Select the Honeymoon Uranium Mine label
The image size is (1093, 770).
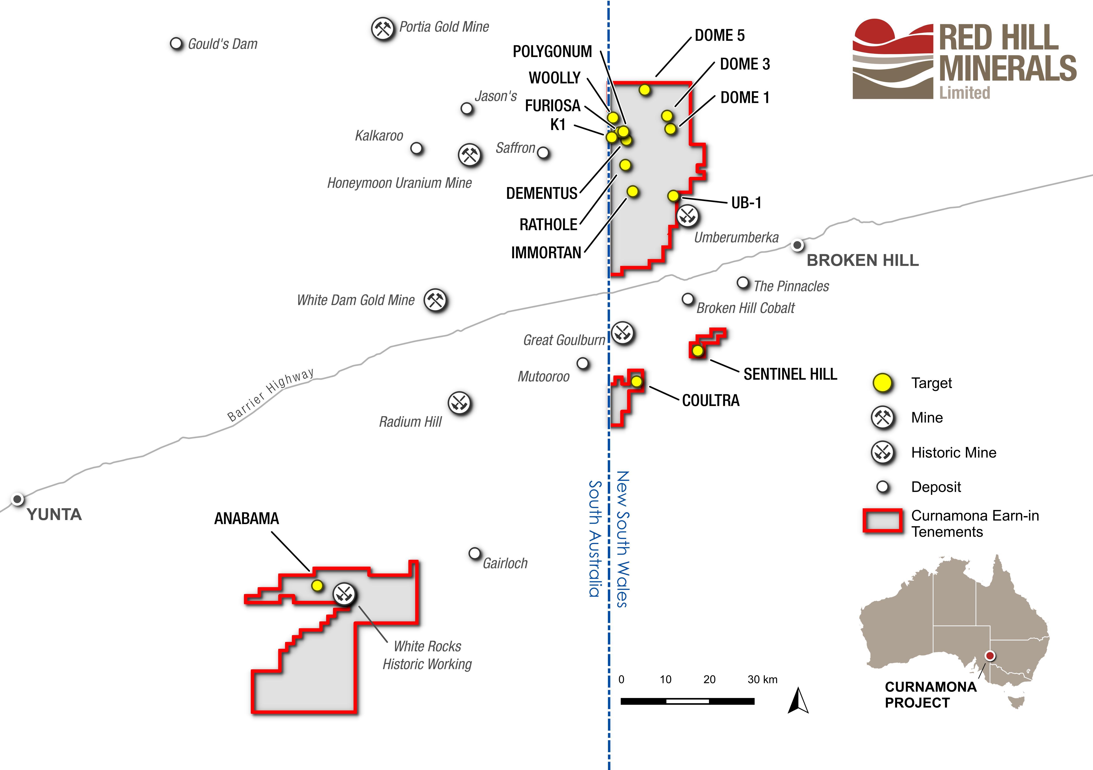click(399, 183)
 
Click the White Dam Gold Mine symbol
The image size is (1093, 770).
click(435, 300)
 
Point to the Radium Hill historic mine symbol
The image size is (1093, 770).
click(459, 404)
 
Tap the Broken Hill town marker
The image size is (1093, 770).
click(797, 245)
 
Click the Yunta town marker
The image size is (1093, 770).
click(18, 499)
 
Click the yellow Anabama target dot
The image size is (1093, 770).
click(317, 586)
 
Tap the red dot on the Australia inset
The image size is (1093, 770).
click(990, 656)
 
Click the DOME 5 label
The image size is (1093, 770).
click(719, 35)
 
